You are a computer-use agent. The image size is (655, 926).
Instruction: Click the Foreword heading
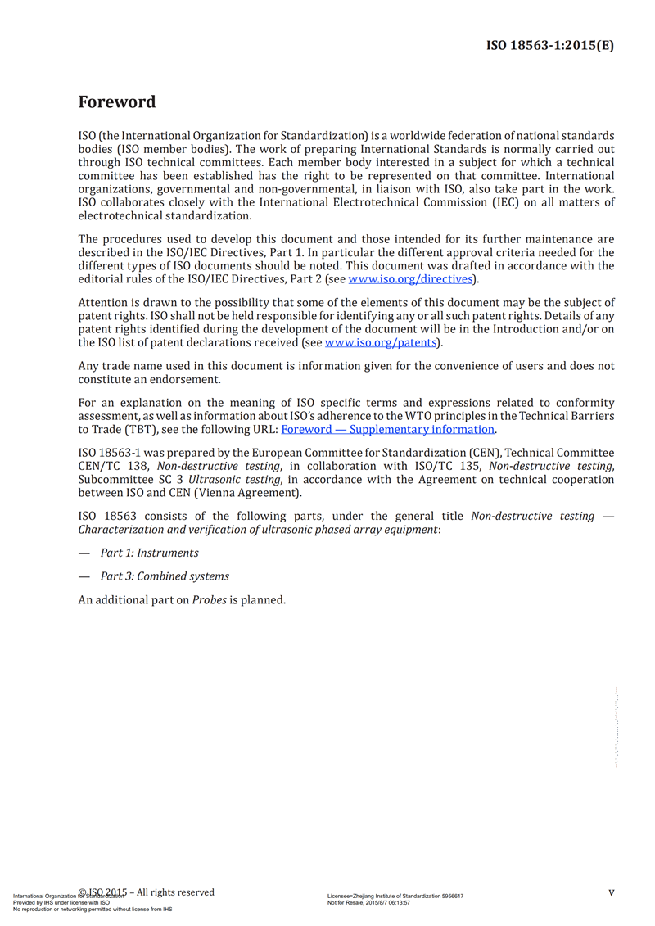click(116, 102)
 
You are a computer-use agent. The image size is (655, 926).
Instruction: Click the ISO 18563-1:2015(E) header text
click(550, 46)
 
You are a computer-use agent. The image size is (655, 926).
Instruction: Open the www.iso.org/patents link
click(381, 342)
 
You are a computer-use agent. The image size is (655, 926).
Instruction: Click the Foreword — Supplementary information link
click(388, 429)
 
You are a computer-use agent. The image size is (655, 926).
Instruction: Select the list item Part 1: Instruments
click(149, 553)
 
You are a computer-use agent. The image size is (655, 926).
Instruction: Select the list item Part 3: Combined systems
click(165, 576)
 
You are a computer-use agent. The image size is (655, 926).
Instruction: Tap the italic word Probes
click(209, 599)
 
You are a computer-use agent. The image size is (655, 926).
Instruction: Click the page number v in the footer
click(611, 892)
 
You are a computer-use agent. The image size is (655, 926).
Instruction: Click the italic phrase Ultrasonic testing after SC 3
click(236, 480)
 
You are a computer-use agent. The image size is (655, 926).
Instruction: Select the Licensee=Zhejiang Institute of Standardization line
click(395, 896)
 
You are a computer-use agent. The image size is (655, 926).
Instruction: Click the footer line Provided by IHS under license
click(61, 902)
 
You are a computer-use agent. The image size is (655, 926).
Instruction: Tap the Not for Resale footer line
click(368, 902)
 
